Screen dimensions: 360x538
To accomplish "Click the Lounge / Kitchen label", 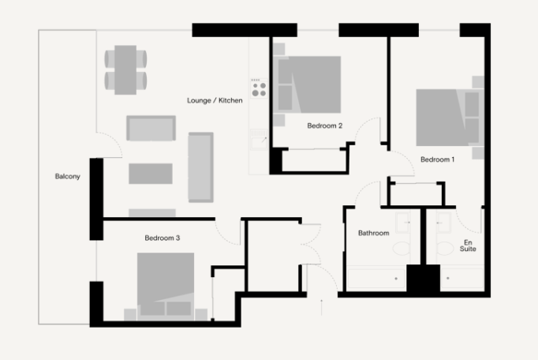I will coord(215,101).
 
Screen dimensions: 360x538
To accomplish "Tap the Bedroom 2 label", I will coord(324,126).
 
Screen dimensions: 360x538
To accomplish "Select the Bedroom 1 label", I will coord(437,159).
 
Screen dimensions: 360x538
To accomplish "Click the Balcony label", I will coord(67,176).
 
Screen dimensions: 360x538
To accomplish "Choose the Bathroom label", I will coord(373,233).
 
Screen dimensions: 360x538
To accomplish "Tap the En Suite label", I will coord(469,245).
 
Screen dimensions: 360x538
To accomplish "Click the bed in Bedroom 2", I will coord(308,84).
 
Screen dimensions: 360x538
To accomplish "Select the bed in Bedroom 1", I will coord(446,117).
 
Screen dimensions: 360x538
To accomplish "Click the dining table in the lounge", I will coord(125,69).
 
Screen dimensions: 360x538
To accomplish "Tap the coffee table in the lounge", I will coord(150,174).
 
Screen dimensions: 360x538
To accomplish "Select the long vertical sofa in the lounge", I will coord(200,167).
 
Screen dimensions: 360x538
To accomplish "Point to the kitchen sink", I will coord(257,141).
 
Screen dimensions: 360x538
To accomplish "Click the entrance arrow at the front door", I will coord(321,307).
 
